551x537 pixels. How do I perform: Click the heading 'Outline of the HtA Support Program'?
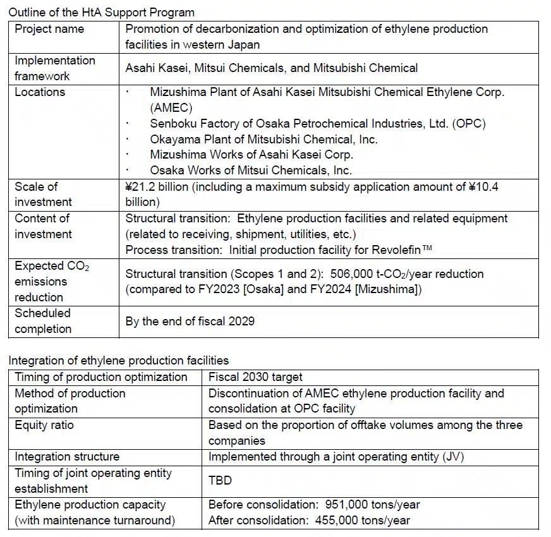pyautogui.click(x=102, y=12)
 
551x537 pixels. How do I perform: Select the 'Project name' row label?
pyautogui.click(x=49, y=29)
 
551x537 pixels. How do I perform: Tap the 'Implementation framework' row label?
pyautogui.click(x=55, y=68)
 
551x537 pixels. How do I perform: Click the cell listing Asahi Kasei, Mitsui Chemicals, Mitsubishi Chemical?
pyautogui.click(x=271, y=68)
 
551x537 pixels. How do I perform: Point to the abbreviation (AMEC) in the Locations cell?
pyautogui.click(x=171, y=107)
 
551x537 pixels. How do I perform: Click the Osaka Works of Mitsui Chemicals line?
pyautogui.click(x=251, y=171)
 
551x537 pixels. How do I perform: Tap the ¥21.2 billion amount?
pyautogui.click(x=155, y=186)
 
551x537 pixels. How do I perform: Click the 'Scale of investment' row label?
pyautogui.click(x=43, y=194)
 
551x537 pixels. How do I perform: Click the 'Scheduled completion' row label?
pyautogui.click(x=43, y=321)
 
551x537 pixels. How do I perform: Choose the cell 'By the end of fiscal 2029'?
pyautogui.click(x=190, y=321)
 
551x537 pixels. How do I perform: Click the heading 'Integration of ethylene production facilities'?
pyautogui.click(x=118, y=361)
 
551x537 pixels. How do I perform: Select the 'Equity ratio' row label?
pyautogui.click(x=44, y=425)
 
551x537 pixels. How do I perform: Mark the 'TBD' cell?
pyautogui.click(x=220, y=480)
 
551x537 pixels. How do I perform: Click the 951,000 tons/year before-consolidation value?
pyautogui.click(x=372, y=505)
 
